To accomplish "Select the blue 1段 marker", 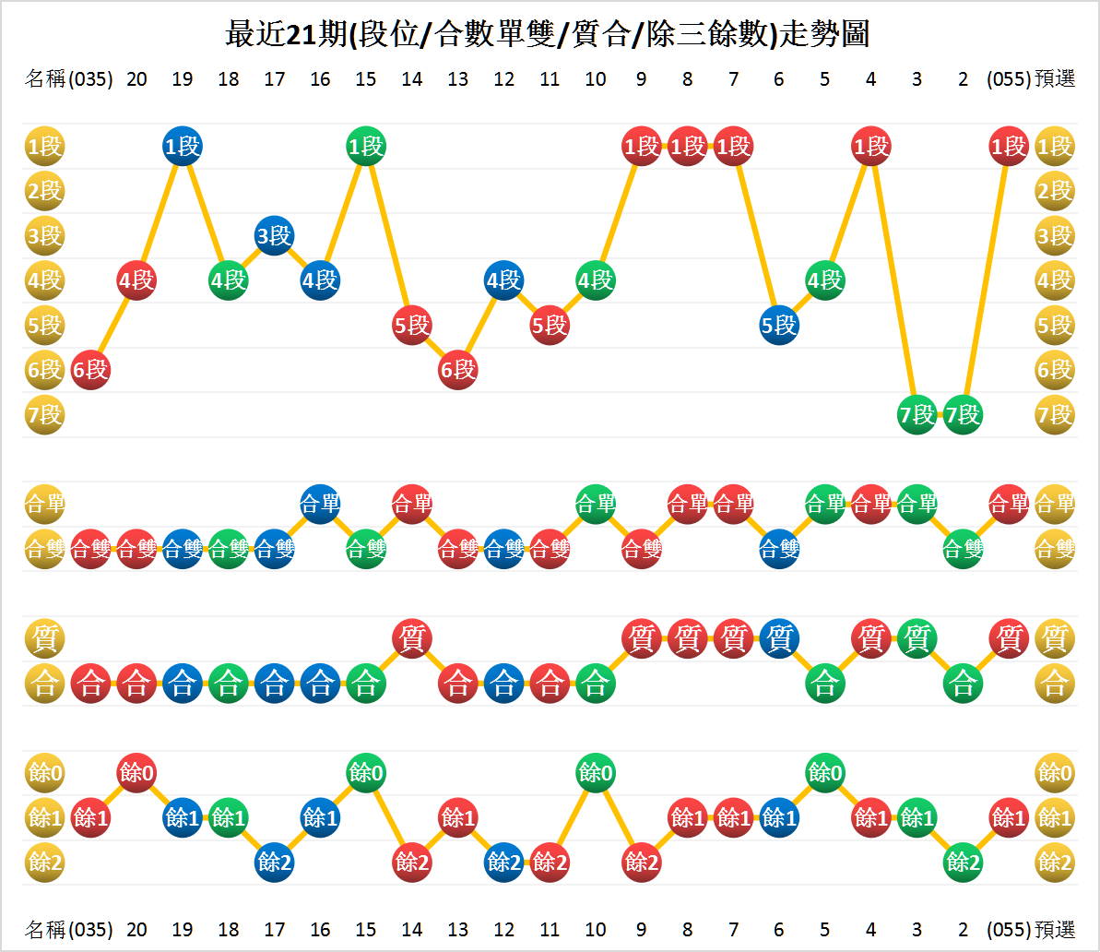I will (183, 146).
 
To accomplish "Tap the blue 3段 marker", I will (274, 236).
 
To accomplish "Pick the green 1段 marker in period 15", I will (366, 146).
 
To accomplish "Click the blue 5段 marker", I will (779, 325).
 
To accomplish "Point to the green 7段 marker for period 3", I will (917, 415).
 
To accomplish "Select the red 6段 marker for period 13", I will (458, 370).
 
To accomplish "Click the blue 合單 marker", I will (320, 504).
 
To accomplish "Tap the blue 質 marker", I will (779, 638).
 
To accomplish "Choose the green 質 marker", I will (917, 638).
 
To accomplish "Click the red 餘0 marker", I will (136, 772).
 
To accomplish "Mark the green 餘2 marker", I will (963, 862).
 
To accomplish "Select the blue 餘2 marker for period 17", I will (274, 862).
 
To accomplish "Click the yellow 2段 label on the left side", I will (44, 191).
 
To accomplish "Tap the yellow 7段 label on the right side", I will (1055, 415).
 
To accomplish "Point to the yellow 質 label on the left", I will (44, 638).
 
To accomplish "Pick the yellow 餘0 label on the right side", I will (1055, 772).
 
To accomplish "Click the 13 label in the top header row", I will (458, 79).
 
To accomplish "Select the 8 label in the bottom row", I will (687, 928).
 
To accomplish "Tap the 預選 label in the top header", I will (1055, 79).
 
